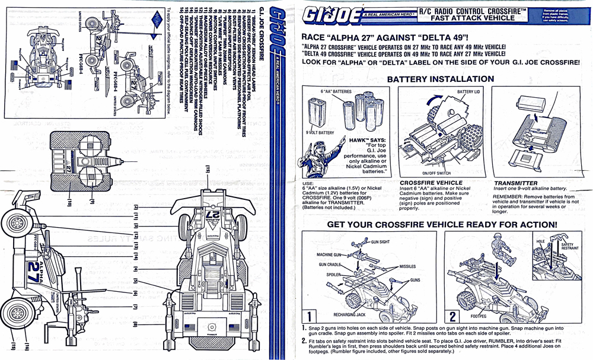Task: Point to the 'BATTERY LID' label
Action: point(470,93)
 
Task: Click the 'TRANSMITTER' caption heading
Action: point(515,183)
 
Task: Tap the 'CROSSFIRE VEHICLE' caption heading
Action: point(431,183)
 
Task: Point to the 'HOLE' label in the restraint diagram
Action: point(540,241)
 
